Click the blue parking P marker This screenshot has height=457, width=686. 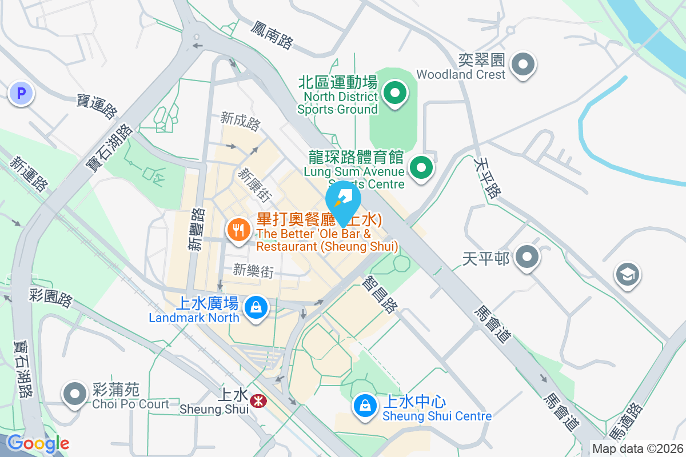pos(22,94)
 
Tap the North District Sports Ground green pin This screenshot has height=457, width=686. pos(394,93)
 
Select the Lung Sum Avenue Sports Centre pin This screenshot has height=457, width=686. pos(422,168)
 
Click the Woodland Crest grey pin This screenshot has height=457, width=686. pos(523,64)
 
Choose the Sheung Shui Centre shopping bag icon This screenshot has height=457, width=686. pos(365,406)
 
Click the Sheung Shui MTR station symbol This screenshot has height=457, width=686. pos(258,402)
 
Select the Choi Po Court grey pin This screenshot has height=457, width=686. pos(75,394)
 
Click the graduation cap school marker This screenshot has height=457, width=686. pos(627,275)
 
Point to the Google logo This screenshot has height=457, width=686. pos(38,443)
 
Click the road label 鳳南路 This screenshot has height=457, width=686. pos(272,35)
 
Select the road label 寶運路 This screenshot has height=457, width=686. pos(96,106)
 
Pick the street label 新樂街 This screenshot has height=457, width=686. pos(253,271)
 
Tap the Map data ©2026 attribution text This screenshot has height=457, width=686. pos(637,449)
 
